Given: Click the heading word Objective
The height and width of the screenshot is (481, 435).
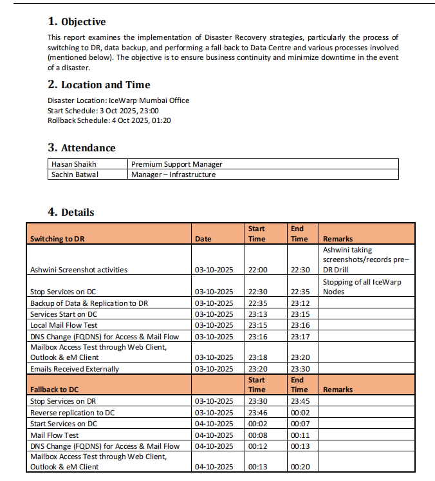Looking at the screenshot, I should (x=83, y=22).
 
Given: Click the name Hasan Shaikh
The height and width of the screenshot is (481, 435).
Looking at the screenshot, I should (x=74, y=164).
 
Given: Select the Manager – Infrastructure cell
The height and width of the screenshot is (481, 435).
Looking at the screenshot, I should (x=173, y=174).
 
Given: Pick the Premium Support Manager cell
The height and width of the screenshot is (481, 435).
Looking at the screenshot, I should (x=176, y=164).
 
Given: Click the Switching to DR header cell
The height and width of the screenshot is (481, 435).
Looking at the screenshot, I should (x=57, y=239).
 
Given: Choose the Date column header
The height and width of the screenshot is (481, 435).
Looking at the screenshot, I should (x=203, y=239).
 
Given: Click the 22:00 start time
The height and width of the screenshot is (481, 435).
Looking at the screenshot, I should (x=257, y=270).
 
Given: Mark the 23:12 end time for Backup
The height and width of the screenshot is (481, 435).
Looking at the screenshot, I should (x=299, y=303).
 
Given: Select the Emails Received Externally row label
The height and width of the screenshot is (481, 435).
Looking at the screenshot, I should (x=75, y=369).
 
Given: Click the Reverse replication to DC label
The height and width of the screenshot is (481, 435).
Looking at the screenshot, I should (x=72, y=413).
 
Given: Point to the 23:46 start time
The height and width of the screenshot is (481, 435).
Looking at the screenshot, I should (x=257, y=413).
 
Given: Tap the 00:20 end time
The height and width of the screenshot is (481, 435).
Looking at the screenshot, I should (x=299, y=467).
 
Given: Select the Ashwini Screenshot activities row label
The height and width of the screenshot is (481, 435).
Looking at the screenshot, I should (x=79, y=270).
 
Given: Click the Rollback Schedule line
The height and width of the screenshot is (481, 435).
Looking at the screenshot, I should (x=109, y=120).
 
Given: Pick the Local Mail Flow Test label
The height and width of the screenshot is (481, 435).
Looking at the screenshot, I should (x=64, y=325).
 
